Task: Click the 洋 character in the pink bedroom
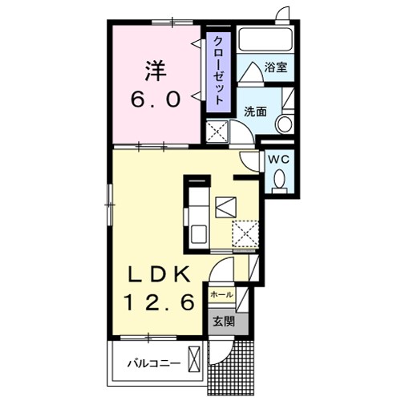[155, 71]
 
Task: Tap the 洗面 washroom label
[255, 112]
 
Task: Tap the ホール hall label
[221, 295]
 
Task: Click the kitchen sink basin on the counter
[197, 237]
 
